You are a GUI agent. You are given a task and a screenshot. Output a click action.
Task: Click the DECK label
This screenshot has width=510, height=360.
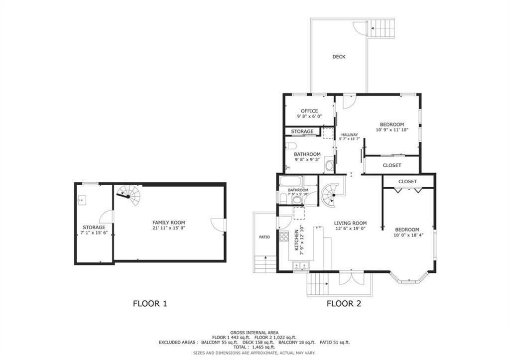point(339,57)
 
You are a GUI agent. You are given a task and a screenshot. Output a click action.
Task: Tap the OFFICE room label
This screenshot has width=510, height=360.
point(309,111)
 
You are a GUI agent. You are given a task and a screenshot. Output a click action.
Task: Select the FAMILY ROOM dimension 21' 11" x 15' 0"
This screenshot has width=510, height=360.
point(168,228)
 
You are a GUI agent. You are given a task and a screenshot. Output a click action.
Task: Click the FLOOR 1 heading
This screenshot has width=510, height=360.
point(149,303)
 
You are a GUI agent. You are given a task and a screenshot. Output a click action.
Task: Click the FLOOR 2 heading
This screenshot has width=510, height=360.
point(344,303)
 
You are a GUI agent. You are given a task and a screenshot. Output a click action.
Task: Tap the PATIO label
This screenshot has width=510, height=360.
point(264,237)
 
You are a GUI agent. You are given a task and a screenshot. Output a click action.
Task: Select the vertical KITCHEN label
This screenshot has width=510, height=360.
point(296,241)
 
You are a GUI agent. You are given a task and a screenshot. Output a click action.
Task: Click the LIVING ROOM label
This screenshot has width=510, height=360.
point(350,223)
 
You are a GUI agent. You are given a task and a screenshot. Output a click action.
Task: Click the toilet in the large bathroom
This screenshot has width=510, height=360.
point(292,146)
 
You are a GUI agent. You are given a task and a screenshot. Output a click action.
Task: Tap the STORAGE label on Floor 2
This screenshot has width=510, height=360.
point(302,131)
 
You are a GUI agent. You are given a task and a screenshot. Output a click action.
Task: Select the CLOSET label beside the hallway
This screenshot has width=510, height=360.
point(392,165)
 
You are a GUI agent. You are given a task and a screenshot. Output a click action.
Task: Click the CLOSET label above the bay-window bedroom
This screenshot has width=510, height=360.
point(407,182)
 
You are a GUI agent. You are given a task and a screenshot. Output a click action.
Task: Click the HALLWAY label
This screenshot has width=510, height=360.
point(349,134)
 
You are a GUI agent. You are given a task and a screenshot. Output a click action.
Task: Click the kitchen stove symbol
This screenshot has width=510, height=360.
point(284,237)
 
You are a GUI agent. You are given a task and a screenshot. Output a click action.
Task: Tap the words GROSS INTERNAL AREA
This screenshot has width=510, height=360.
point(254,332)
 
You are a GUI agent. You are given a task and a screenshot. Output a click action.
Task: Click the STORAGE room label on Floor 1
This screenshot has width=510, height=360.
point(94,228)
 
